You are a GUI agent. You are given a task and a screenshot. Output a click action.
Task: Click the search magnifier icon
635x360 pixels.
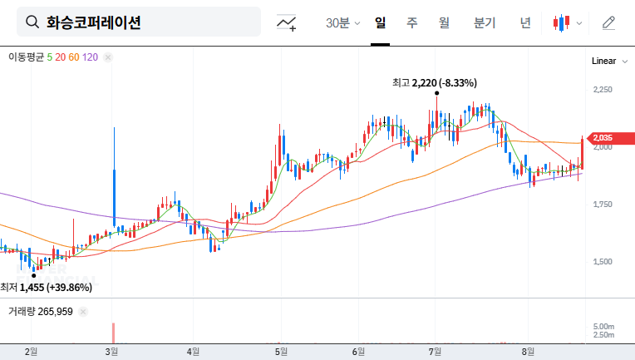32,22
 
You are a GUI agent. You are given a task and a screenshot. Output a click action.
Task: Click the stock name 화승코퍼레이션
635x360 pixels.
93,22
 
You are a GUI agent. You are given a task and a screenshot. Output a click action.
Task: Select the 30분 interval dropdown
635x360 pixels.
342,23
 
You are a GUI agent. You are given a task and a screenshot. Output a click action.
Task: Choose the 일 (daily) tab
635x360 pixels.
381,23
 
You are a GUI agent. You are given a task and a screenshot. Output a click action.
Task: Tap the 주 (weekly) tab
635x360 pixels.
411,23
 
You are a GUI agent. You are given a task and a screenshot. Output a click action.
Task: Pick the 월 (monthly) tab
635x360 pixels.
444,23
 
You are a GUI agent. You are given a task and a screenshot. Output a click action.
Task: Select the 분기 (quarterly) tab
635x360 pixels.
484,23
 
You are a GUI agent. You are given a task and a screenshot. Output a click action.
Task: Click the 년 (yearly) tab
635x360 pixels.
524,23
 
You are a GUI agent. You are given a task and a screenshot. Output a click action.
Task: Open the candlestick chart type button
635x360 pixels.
567,23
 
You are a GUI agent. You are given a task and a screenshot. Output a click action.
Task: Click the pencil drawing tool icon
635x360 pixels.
608,23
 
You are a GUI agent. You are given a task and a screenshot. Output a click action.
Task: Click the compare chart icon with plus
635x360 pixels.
287,23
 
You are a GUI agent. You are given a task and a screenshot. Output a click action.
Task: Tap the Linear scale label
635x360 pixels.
603,62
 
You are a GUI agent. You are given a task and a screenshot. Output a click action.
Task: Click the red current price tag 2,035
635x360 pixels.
605,138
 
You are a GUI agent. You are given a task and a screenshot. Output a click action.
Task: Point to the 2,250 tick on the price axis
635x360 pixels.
603,90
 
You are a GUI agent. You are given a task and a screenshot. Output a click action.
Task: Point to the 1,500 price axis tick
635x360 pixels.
603,262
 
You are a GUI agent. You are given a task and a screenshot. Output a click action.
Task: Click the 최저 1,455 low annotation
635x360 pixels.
47,287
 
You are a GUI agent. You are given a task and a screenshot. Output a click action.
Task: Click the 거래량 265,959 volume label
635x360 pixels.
41,312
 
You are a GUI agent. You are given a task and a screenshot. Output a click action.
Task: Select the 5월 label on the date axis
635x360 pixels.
282,352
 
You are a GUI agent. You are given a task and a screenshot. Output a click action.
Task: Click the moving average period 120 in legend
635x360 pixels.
91,57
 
